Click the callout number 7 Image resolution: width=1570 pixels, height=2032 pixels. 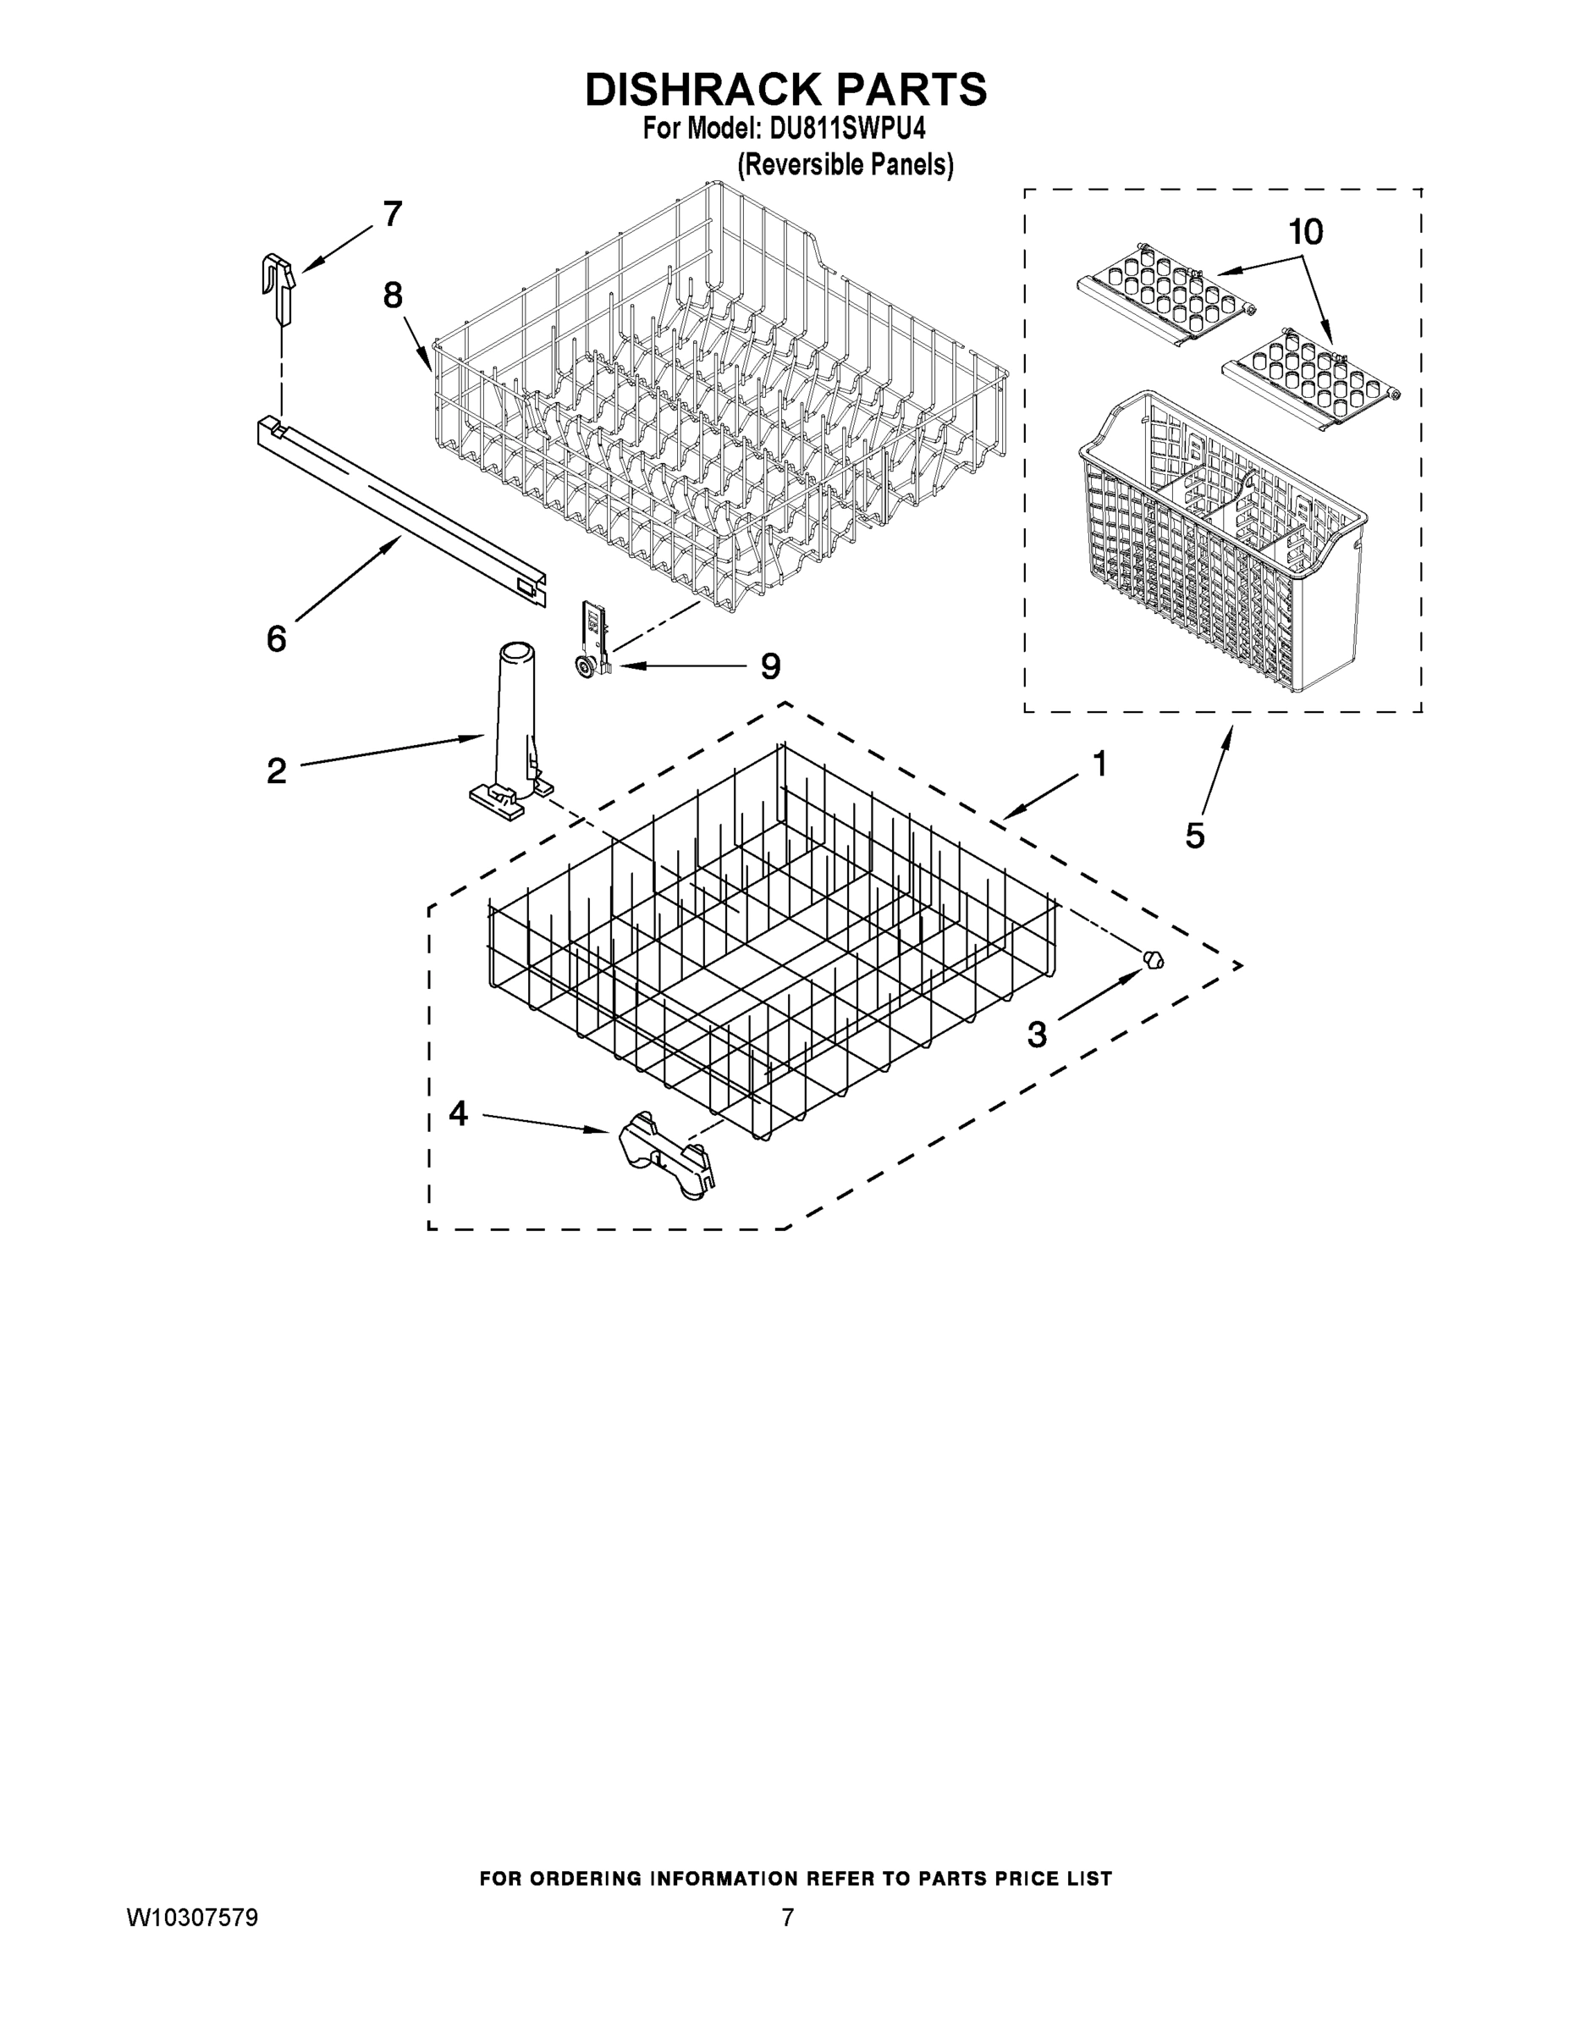click(x=393, y=215)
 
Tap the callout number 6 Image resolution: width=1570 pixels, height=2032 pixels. click(x=276, y=639)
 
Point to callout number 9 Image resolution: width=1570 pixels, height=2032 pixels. click(x=770, y=666)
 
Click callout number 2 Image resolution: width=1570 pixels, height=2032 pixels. click(x=276, y=771)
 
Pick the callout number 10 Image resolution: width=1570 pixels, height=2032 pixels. click(x=1306, y=233)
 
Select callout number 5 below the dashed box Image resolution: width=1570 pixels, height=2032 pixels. click(x=1195, y=836)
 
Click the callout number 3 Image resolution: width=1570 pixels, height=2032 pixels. click(x=1037, y=1034)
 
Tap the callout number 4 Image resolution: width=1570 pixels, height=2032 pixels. click(x=458, y=1113)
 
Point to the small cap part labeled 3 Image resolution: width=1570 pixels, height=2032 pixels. click(x=1154, y=960)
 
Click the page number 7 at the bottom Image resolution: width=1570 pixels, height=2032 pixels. click(x=787, y=1918)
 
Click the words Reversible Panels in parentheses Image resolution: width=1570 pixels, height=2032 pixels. click(x=846, y=165)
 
